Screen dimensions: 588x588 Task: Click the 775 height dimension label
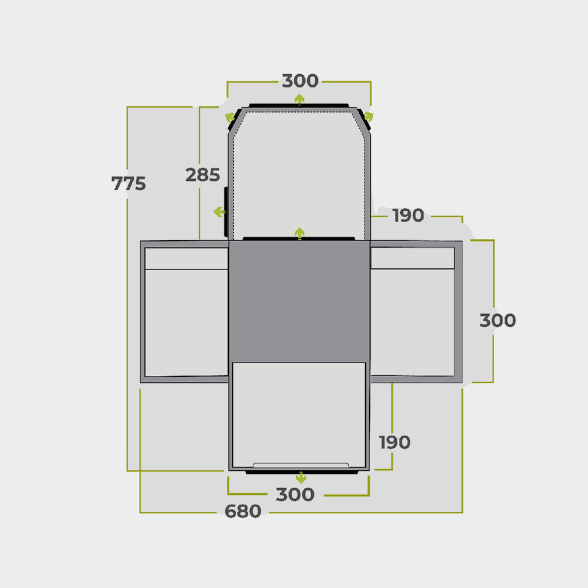tap(129, 183)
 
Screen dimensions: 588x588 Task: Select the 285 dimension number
tap(203, 175)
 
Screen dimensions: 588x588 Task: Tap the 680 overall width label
tap(243, 511)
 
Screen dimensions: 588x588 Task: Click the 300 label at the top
tap(300, 80)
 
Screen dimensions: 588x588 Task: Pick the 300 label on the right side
tap(498, 320)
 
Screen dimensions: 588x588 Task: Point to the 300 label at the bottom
tap(295, 494)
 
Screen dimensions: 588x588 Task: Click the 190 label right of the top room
tap(408, 215)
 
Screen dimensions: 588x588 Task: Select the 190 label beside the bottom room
tap(394, 442)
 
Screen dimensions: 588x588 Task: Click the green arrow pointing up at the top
tap(299, 99)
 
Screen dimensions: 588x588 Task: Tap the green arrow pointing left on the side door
tap(219, 212)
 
